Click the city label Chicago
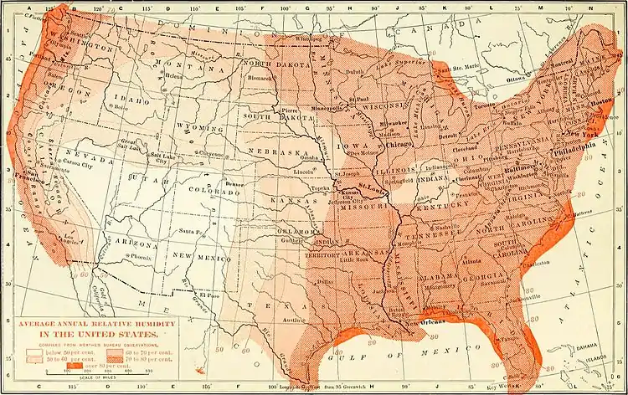[399, 144]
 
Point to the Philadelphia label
[576, 153]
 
